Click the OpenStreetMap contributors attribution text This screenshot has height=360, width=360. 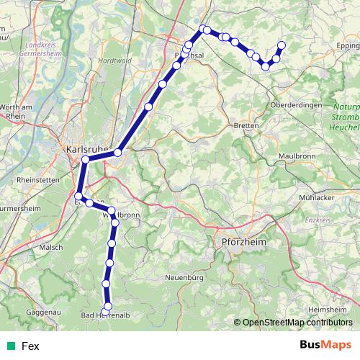click(x=297, y=323)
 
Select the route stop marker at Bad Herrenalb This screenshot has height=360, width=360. click(x=107, y=307)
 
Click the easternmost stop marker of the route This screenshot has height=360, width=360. click(x=281, y=45)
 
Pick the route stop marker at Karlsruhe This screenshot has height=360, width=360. click(x=86, y=159)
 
